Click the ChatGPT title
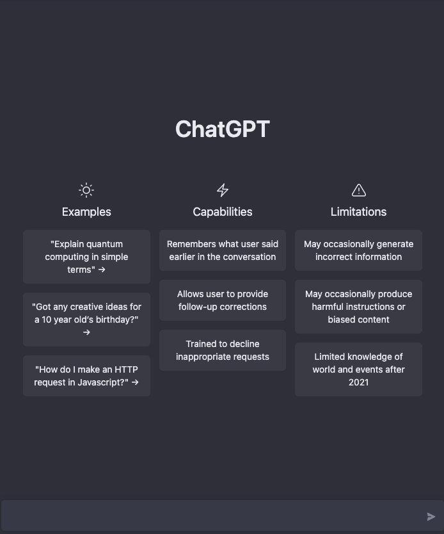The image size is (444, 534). [x=222, y=129]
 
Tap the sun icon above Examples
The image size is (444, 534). [x=86, y=190]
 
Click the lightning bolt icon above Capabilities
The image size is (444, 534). [x=223, y=190]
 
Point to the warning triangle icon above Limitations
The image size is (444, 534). [x=359, y=190]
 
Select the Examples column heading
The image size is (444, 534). [x=86, y=212]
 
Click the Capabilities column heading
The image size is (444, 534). [x=223, y=212]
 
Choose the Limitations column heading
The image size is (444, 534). [x=358, y=212]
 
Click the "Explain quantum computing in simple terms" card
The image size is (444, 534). [x=86, y=257]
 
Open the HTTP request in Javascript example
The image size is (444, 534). [x=86, y=376]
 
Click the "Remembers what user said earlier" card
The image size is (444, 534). [x=223, y=250]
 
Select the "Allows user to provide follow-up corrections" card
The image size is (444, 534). [x=223, y=300]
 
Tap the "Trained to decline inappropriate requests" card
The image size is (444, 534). [x=223, y=350]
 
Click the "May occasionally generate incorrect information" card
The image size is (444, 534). [x=358, y=250]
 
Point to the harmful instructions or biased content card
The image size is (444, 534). [x=358, y=307]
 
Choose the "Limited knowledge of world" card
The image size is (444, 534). [x=358, y=369]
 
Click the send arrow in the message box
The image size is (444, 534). [x=431, y=517]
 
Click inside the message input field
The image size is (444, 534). [x=211, y=517]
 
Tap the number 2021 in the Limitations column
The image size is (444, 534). [x=359, y=382]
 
